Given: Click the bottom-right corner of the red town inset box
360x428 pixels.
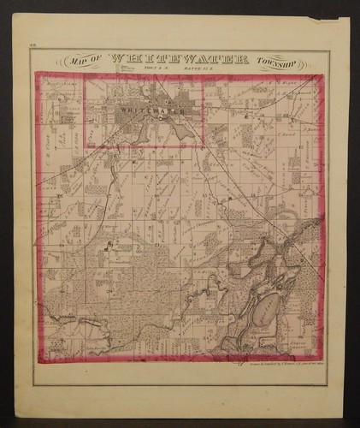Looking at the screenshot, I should coord(203,147).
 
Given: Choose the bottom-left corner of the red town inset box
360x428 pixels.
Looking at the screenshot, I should coord(84,147).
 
